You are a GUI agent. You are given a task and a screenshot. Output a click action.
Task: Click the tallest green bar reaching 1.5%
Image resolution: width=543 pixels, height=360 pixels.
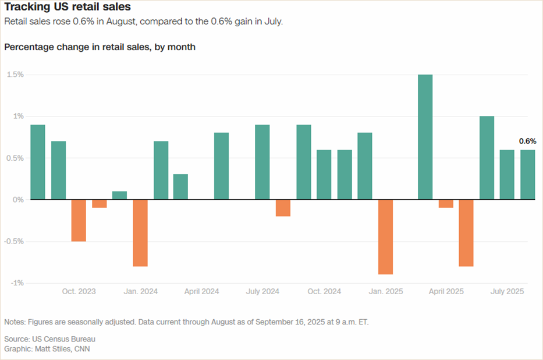click(425, 137)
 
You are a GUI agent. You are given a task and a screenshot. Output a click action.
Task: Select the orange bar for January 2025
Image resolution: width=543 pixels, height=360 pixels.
click(385, 237)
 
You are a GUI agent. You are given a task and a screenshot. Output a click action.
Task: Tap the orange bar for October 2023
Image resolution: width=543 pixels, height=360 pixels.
click(79, 220)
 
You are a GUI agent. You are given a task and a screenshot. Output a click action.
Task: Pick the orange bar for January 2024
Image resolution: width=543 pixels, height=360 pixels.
click(140, 232)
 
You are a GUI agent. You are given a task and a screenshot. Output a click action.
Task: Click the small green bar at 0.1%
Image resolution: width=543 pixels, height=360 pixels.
click(119, 196)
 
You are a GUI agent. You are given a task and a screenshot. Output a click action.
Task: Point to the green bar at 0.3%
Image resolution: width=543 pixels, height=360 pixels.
click(180, 187)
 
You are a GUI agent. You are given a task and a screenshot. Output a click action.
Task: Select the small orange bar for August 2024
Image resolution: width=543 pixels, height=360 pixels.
click(283, 208)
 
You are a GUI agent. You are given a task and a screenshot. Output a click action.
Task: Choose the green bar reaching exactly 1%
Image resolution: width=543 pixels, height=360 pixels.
click(487, 158)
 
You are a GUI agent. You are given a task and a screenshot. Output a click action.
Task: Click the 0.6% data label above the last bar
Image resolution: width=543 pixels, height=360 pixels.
click(527, 141)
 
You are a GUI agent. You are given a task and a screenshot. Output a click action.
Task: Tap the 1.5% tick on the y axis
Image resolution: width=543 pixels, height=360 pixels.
click(15, 75)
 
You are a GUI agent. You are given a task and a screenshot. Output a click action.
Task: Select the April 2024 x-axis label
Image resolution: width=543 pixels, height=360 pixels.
click(201, 291)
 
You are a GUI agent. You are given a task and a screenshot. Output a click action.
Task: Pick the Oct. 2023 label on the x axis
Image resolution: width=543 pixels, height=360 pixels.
click(79, 291)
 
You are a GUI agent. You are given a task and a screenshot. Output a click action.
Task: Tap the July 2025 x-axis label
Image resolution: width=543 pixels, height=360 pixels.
click(507, 291)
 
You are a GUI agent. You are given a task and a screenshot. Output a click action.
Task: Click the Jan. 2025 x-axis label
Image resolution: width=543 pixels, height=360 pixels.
click(385, 291)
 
